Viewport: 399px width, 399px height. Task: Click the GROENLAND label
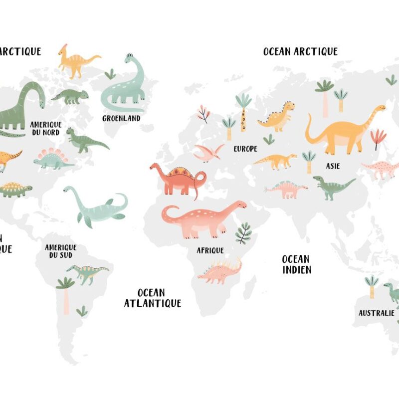coord(121,119)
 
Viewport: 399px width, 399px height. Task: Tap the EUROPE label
coord(245,149)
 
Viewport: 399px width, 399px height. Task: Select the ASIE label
coord(333,166)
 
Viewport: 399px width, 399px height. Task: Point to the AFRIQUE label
coord(210,250)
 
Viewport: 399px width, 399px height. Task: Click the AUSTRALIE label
coord(377,313)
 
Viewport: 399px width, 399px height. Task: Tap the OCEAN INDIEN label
coord(296,264)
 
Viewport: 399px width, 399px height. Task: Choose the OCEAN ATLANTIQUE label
coord(152,298)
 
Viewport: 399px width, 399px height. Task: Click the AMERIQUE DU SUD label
coord(60,251)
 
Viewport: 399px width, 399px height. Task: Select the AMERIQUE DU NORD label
coord(45,128)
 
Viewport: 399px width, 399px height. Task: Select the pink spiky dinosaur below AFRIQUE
coord(220,271)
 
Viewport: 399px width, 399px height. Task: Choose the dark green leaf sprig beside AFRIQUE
coord(243,233)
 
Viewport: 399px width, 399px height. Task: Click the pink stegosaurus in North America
coord(52,159)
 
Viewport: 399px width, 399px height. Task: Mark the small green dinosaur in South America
coord(88,273)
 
